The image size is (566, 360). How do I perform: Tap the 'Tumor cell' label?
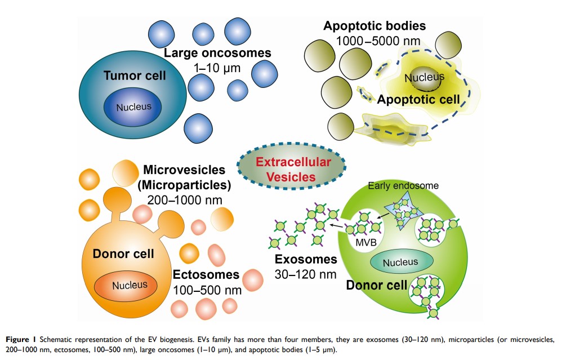(x=135, y=75)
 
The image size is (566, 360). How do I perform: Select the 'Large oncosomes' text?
(x=217, y=53)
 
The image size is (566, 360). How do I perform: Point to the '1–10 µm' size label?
(x=217, y=68)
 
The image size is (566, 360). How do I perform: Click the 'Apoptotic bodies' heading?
(x=374, y=26)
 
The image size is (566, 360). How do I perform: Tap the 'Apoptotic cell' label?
(x=418, y=100)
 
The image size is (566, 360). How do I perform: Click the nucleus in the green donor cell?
(x=400, y=262)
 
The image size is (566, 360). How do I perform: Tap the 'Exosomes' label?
(x=305, y=260)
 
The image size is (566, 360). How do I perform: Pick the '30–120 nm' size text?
(x=306, y=275)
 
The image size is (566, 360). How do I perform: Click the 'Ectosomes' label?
(x=206, y=275)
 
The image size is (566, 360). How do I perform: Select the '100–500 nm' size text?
(x=206, y=291)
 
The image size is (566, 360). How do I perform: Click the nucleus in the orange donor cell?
(x=129, y=285)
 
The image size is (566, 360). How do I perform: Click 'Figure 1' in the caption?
(x=21, y=340)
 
